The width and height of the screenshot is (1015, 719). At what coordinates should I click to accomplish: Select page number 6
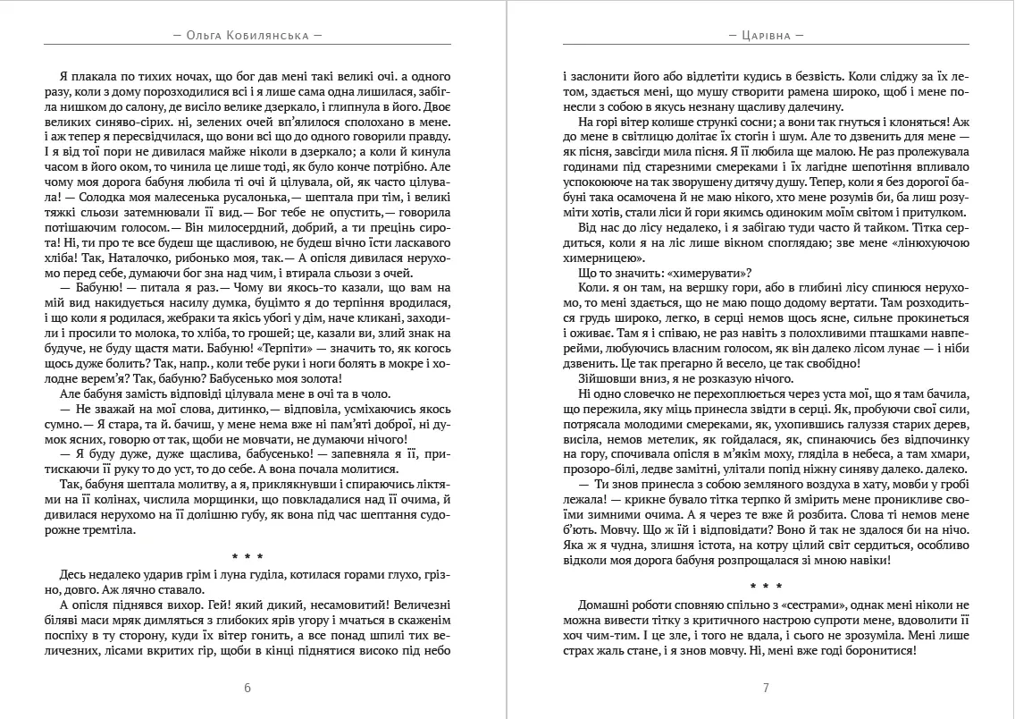(247, 688)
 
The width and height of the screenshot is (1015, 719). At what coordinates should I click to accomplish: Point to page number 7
(767, 688)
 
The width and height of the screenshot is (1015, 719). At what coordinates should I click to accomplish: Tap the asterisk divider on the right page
(767, 587)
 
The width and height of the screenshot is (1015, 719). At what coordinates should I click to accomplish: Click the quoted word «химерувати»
(700, 274)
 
